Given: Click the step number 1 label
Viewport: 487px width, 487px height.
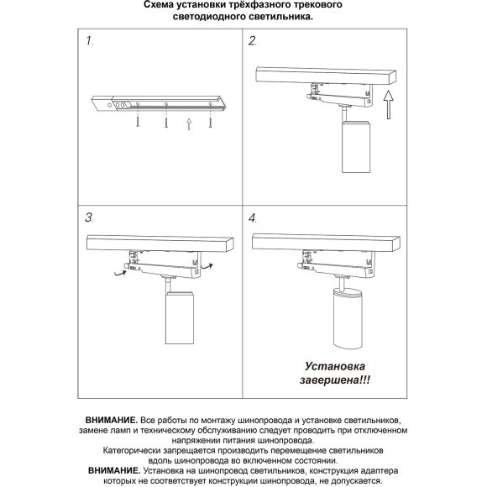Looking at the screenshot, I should [x=91, y=41].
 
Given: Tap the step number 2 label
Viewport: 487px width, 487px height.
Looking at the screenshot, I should [x=252, y=41].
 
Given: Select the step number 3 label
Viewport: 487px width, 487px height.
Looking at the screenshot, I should [x=91, y=217].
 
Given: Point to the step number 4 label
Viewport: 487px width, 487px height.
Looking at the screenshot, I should [x=253, y=217].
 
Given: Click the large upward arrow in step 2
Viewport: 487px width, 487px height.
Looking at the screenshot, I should [x=386, y=108].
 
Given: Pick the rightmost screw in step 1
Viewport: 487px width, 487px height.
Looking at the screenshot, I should [x=210, y=123].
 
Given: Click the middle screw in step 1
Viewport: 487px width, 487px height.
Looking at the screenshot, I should [x=166, y=123].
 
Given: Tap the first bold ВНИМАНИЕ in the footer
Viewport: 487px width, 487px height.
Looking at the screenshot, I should [x=111, y=417].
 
